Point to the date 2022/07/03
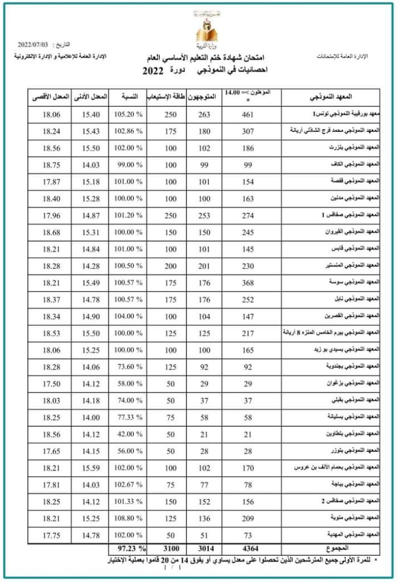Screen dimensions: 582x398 tap(34, 44)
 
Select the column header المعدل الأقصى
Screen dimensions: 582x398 tap(48, 97)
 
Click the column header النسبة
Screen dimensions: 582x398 tap(127, 97)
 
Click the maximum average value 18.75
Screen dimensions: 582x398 tap(51, 165)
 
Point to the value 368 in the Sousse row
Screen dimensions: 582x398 tap(248, 282)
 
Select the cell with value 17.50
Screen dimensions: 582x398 tap(51, 384)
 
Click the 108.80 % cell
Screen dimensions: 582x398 tap(128, 519)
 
